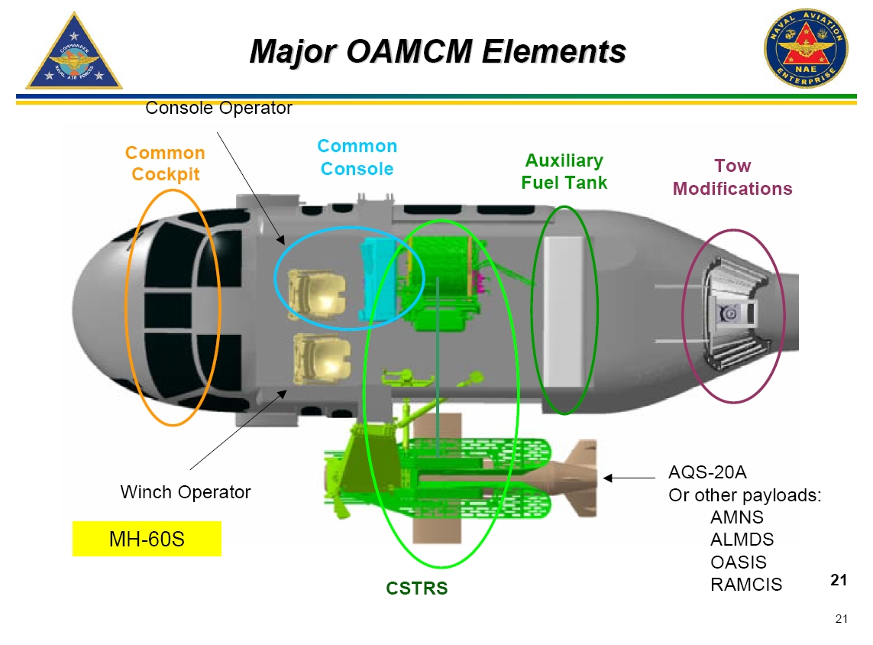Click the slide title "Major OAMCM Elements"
pos(438,51)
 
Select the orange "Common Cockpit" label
pos(165,164)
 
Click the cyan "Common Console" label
pos(357,157)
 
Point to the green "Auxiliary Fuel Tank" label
pos(564,172)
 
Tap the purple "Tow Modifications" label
pos(732,177)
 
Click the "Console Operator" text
pos(218,109)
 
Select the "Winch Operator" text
pos(185,492)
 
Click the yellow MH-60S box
pos(147,539)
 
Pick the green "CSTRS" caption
pos(416,588)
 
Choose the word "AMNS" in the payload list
pos(737,517)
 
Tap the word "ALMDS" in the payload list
pos(742,540)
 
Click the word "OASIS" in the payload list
pos(738,562)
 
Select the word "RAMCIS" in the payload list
pos(745,585)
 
